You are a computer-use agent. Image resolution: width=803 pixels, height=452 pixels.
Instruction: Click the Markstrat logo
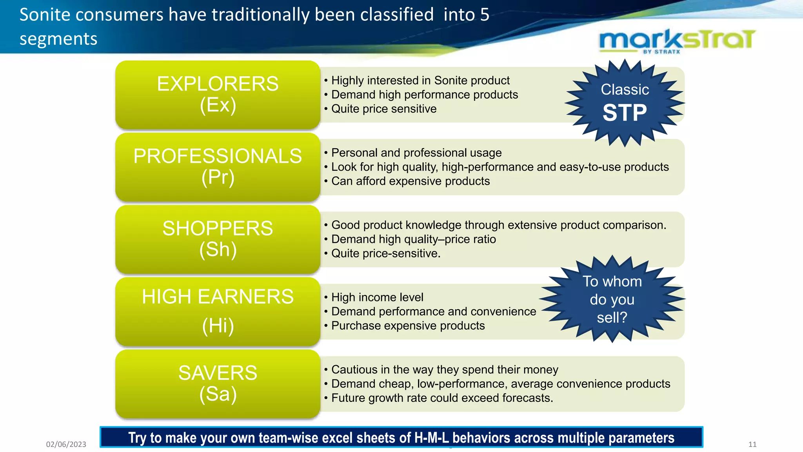click(x=677, y=41)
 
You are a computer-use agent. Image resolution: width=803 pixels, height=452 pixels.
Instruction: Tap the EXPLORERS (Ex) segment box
click(x=218, y=95)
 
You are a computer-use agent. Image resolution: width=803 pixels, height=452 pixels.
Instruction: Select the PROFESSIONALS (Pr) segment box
click(x=218, y=167)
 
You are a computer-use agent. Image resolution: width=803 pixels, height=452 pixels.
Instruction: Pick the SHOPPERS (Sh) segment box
click(x=218, y=239)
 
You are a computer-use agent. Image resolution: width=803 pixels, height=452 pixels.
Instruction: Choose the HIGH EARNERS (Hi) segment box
click(x=218, y=311)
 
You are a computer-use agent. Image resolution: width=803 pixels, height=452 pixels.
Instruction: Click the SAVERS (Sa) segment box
click(x=218, y=383)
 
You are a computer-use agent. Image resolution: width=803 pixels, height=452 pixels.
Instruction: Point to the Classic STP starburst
click(x=625, y=103)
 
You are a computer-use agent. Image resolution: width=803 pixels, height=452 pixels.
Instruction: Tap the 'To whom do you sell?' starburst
click(x=612, y=299)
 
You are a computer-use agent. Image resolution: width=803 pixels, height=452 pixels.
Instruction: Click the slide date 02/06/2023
click(x=66, y=444)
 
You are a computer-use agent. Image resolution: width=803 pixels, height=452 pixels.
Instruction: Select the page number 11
click(x=752, y=444)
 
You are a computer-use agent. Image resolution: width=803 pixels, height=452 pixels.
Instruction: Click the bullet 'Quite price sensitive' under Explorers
click(x=383, y=109)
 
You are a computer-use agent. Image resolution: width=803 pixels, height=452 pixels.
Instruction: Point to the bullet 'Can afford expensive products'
click(x=410, y=181)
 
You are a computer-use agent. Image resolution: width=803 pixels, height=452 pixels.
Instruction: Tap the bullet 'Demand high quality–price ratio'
click(x=413, y=239)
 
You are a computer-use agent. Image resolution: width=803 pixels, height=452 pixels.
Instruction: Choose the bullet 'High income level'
click(x=377, y=297)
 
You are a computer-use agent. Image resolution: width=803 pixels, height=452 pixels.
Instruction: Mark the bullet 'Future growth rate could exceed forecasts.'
click(x=442, y=398)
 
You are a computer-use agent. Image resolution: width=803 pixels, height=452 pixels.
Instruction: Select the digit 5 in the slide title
click(x=485, y=15)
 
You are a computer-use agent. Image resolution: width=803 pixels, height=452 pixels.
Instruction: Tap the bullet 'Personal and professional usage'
click(x=416, y=153)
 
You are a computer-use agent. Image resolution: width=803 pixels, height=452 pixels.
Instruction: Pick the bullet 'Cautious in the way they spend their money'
click(x=445, y=370)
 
